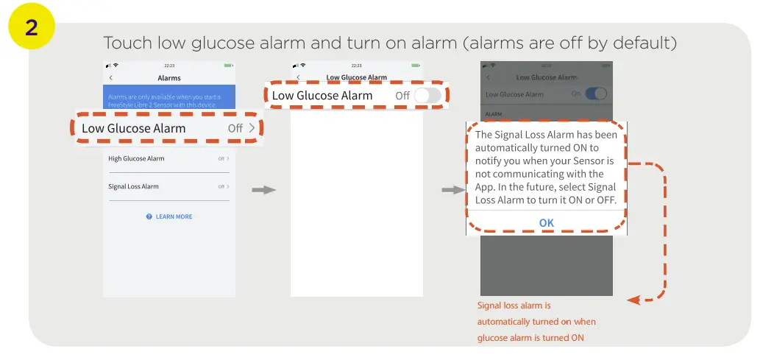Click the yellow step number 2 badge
(x=32, y=27)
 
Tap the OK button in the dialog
(x=546, y=222)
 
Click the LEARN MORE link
(x=174, y=216)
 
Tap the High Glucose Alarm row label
(x=136, y=158)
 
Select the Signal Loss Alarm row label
(x=133, y=186)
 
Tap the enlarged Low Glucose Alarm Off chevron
(x=252, y=128)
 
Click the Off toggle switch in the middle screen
(x=427, y=96)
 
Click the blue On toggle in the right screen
(x=595, y=93)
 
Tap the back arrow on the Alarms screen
(x=111, y=77)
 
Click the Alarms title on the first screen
(x=169, y=77)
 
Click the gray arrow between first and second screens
(x=263, y=190)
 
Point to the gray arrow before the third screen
(x=452, y=190)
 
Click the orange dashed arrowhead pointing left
(x=632, y=300)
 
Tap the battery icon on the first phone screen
(x=228, y=66)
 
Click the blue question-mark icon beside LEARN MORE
(x=149, y=216)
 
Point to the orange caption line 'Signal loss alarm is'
(x=514, y=305)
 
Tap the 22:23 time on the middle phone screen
(x=356, y=66)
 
